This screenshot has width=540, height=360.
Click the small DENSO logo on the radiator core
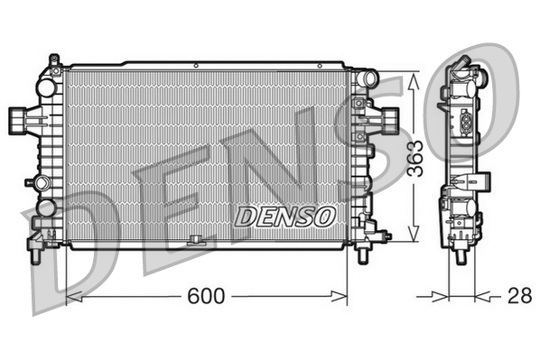click(x=285, y=217)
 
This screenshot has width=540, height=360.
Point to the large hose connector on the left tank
click(x=19, y=117)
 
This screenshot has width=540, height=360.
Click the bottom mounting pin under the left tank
click(x=34, y=255)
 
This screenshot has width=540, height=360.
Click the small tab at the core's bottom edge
click(x=195, y=241)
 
